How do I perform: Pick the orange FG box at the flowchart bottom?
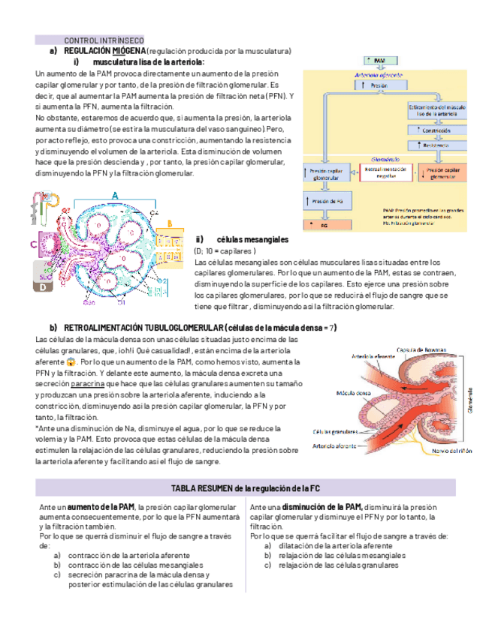pyautogui.click(x=324, y=224)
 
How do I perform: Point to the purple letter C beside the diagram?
pyautogui.click(x=34, y=244)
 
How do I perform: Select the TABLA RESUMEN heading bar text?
pyautogui.click(x=246, y=488)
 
